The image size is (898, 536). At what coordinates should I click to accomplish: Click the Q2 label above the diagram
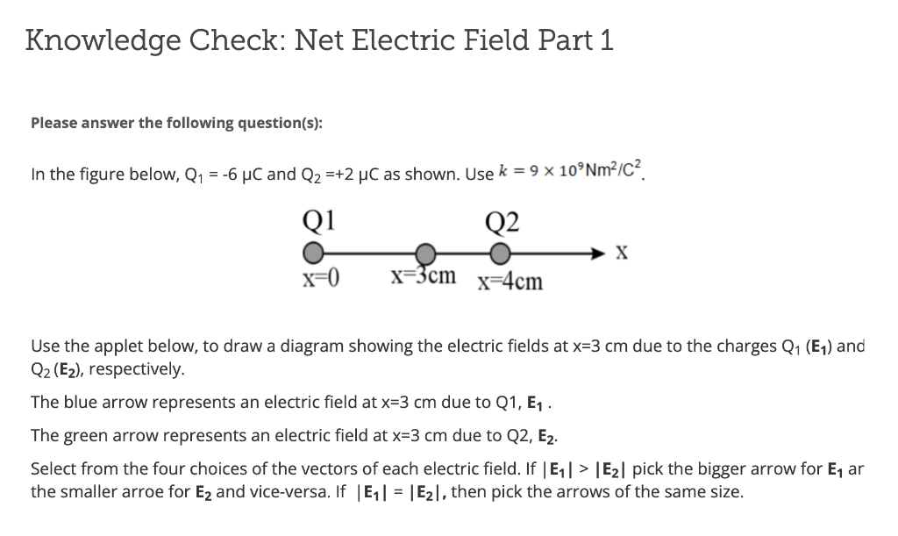(x=502, y=219)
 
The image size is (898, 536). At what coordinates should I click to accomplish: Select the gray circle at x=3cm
(x=424, y=254)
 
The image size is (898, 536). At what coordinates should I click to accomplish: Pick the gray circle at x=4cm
(x=499, y=254)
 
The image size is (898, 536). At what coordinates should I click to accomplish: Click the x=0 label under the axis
(x=321, y=279)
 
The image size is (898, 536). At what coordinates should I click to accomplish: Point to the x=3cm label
(x=424, y=276)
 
